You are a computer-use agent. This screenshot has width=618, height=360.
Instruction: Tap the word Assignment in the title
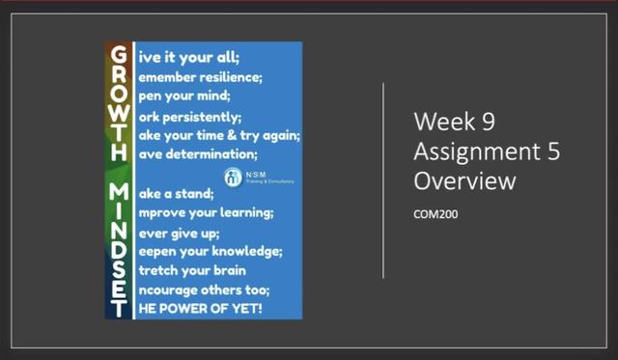pos(475,152)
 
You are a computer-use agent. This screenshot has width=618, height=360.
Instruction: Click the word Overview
pos(463,180)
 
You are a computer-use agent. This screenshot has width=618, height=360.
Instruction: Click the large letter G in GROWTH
pos(116,57)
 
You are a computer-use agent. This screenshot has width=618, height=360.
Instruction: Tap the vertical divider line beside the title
pos(385,180)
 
